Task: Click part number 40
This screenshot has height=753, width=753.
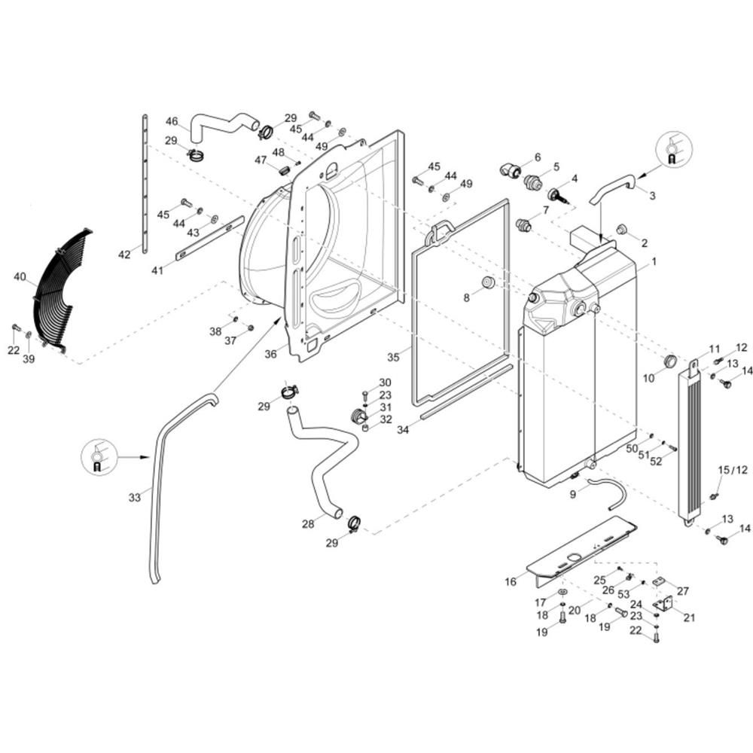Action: [20, 277]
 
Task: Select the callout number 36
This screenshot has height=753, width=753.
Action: [271, 353]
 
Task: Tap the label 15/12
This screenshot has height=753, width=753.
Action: [732, 470]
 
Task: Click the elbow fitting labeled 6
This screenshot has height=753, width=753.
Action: [512, 169]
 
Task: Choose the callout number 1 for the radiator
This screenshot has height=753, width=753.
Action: [654, 262]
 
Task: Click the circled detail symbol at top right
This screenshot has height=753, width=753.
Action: [672, 148]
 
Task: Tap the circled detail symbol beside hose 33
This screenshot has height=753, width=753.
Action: [97, 456]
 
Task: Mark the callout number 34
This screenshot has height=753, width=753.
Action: [403, 429]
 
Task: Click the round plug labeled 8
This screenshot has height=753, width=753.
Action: [487, 283]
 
